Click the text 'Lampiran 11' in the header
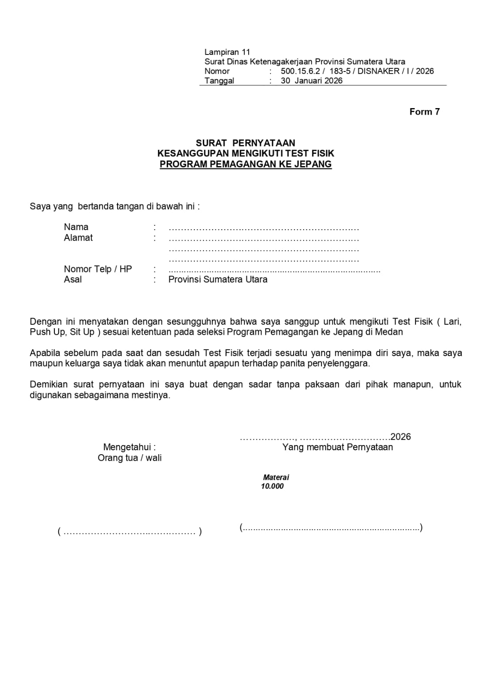227,52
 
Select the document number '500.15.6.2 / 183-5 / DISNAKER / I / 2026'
357,71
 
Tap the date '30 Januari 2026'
311,81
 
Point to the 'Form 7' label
424,112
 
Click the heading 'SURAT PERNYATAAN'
245,143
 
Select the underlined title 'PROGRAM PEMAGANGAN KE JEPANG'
246,164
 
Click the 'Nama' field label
76,227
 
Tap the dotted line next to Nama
263,228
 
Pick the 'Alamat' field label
78,238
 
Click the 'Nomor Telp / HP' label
98,269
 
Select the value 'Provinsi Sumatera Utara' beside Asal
218,279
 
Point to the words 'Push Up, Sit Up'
62,332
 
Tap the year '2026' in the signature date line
401,437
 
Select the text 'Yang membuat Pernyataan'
337,447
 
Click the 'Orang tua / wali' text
129,458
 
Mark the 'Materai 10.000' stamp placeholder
274,482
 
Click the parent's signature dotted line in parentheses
129,532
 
